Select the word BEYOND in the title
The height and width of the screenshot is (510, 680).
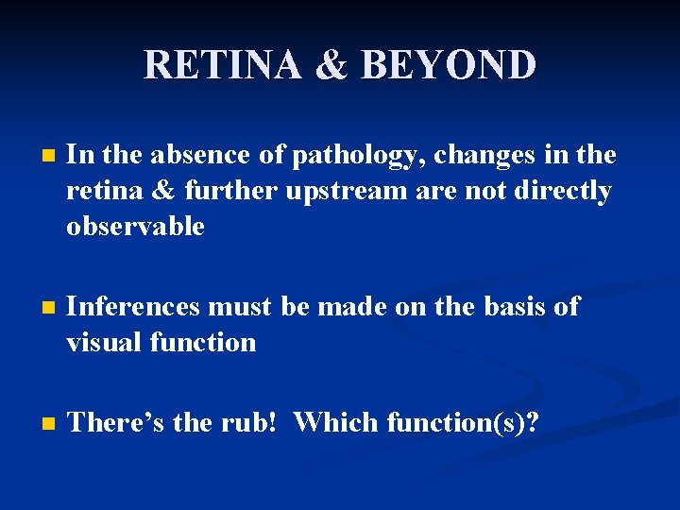tap(450, 65)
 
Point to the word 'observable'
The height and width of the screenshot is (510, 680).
tap(135, 227)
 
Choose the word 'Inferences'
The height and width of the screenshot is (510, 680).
tap(134, 307)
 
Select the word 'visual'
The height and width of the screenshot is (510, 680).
tap(104, 342)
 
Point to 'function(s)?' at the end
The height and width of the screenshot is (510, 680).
tap(464, 423)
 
